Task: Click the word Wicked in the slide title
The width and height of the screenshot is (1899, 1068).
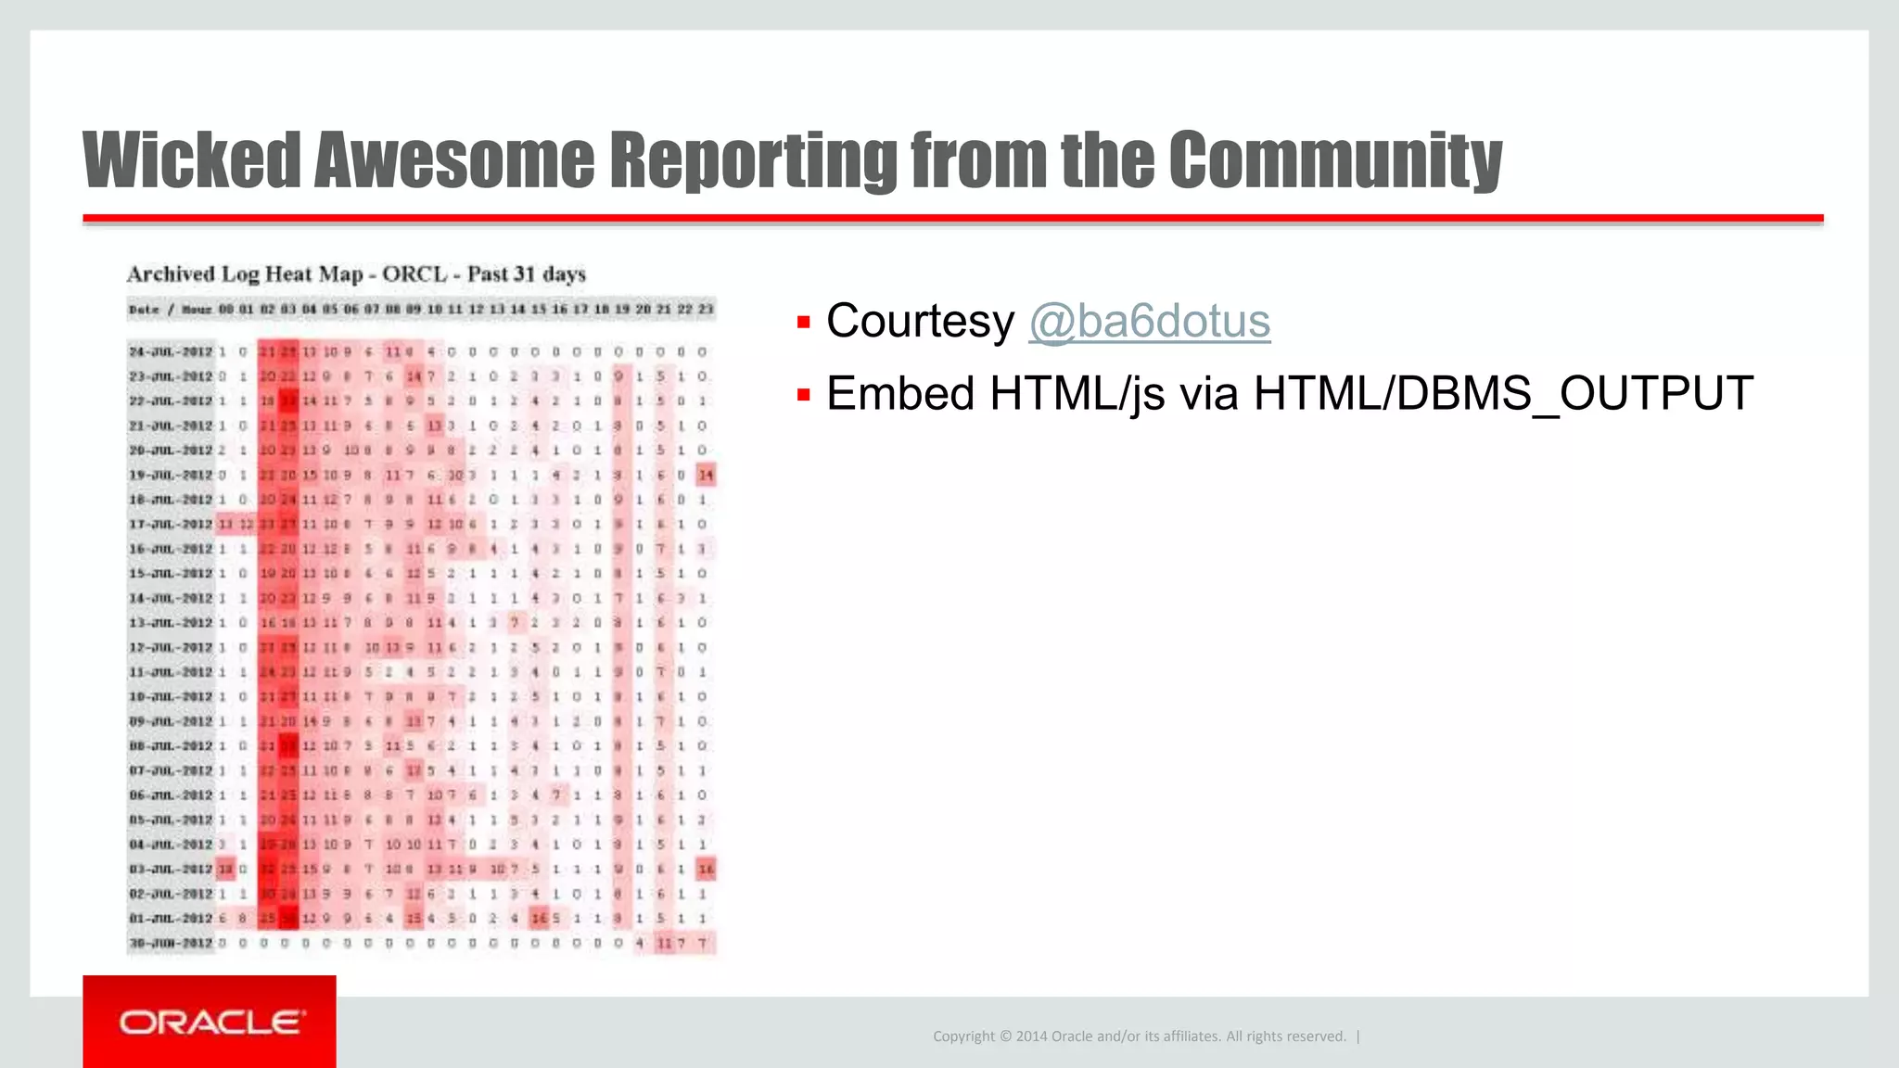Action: pos(191,159)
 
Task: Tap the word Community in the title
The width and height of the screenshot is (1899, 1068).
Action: pos(1334,159)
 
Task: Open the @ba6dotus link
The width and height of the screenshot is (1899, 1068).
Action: pos(1149,322)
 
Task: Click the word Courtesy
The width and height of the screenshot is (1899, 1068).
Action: pos(920,322)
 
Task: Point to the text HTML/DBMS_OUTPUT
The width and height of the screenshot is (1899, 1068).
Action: pos(1503,394)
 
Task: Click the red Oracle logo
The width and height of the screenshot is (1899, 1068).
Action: pos(210,1022)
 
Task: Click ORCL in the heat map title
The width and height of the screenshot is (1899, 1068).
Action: pos(414,274)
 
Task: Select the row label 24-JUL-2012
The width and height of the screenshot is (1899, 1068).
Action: pos(171,352)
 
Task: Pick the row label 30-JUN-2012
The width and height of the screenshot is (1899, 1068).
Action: pos(171,944)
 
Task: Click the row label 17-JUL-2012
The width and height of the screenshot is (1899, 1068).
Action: pos(171,525)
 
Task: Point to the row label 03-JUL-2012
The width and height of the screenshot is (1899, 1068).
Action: pos(171,870)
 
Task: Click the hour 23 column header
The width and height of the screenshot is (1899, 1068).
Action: pos(706,310)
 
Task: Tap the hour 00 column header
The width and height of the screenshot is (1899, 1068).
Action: pos(225,310)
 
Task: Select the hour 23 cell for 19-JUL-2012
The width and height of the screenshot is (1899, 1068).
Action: pos(706,476)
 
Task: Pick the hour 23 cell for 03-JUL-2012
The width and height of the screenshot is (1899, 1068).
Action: pos(706,870)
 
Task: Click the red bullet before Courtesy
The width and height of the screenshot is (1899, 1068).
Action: pos(804,323)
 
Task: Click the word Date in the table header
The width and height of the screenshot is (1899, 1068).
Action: pos(144,310)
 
